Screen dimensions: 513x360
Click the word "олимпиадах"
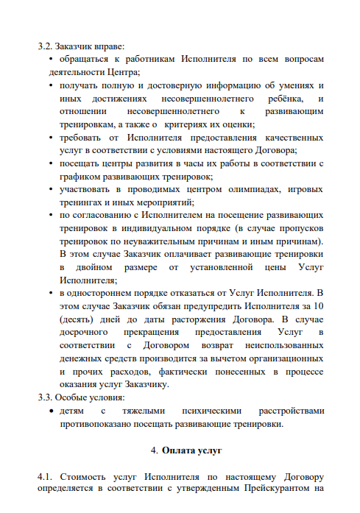click(244, 191)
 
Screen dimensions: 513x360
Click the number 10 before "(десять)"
click(317, 307)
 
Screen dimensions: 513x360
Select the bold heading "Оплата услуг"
click(192, 449)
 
